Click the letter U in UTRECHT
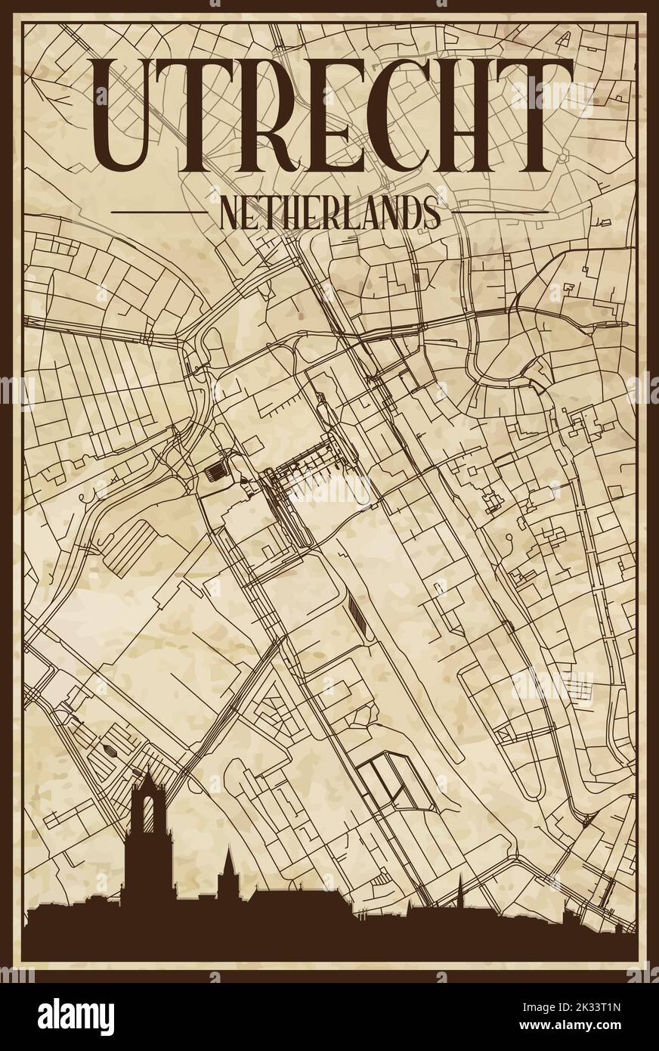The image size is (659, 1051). (133, 113)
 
